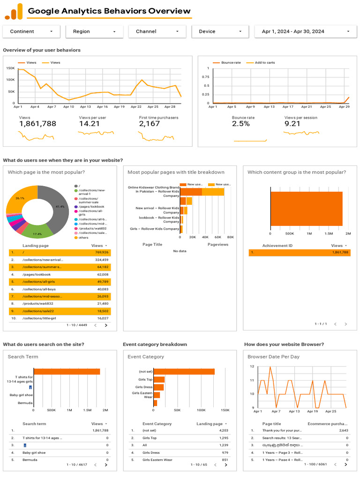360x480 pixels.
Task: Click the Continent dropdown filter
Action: click(x=31, y=31)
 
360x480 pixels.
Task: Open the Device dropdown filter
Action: click(x=220, y=31)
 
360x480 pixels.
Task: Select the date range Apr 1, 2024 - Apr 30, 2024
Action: click(x=306, y=31)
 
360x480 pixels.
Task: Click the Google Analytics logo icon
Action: click(x=14, y=12)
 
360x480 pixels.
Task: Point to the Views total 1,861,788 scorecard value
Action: click(x=37, y=124)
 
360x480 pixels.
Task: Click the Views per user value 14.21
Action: click(x=89, y=124)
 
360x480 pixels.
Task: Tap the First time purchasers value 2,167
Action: click(x=150, y=124)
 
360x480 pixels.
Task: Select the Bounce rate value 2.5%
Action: click(x=241, y=124)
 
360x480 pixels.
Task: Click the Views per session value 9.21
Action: click(x=292, y=124)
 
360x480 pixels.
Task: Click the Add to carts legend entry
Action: click(x=265, y=62)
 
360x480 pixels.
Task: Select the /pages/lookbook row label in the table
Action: click(x=37, y=274)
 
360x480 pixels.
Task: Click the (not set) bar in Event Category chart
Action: click(x=184, y=372)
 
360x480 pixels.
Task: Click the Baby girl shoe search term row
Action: click(x=34, y=453)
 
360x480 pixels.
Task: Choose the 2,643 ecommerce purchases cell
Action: click(x=344, y=430)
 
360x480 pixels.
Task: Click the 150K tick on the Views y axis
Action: click(x=10, y=68)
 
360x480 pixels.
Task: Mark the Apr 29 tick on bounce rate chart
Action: click(x=345, y=107)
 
